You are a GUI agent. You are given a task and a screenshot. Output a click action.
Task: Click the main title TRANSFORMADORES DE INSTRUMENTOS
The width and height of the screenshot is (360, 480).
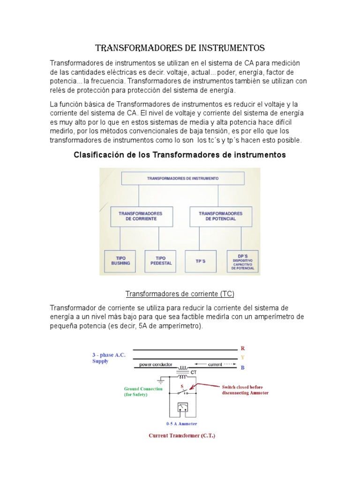[180, 48]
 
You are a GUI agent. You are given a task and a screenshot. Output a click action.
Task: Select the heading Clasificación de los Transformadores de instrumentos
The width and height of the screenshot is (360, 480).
[180, 155]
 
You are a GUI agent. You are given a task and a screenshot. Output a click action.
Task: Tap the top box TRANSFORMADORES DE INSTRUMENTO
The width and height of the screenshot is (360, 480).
[183, 179]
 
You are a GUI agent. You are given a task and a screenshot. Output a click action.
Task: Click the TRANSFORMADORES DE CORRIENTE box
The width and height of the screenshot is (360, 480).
[141, 216]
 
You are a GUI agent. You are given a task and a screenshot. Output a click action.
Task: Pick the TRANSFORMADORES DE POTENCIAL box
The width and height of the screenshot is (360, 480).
[221, 216]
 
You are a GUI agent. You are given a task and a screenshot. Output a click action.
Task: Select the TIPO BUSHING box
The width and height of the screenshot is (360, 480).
[120, 261]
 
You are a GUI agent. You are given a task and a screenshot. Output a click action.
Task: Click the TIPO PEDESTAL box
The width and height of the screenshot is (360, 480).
[161, 261]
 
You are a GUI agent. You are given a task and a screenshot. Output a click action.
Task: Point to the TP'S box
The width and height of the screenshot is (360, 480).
[201, 261]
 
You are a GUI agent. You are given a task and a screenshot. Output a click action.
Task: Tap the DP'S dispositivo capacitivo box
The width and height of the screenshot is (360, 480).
[243, 261]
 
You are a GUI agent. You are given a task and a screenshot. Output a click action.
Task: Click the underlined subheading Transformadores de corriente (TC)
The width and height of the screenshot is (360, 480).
[180, 294]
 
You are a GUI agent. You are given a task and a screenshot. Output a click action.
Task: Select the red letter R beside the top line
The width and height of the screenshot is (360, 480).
[243, 349]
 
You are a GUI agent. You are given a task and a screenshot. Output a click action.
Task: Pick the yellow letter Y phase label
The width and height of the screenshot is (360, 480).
[243, 358]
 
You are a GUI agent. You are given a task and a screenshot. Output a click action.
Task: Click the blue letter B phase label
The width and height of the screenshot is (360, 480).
[243, 367]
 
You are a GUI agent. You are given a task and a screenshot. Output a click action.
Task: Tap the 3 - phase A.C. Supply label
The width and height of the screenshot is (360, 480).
[108, 358]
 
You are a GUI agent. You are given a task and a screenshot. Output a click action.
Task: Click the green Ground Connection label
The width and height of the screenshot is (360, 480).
[143, 391]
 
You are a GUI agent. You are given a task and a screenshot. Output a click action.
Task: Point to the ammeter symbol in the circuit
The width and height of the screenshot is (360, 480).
[183, 408]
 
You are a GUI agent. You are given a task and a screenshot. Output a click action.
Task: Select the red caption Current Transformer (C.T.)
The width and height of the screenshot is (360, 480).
[182, 435]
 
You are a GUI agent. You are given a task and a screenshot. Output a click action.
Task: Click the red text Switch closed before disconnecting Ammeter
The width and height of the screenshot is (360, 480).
[245, 390]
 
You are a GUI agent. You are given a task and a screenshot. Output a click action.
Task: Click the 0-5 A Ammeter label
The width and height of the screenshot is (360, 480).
[181, 423]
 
